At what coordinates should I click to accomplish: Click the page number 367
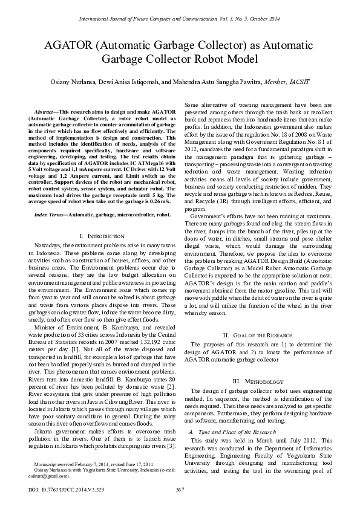click(x=180, y=489)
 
